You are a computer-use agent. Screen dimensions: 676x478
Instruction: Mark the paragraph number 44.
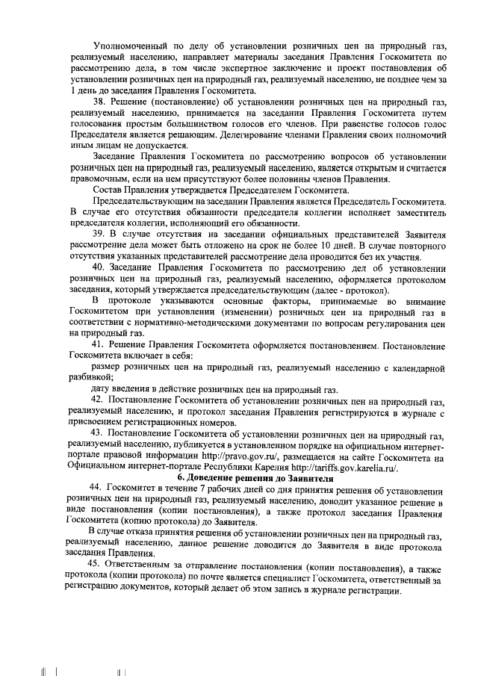point(96,489)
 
